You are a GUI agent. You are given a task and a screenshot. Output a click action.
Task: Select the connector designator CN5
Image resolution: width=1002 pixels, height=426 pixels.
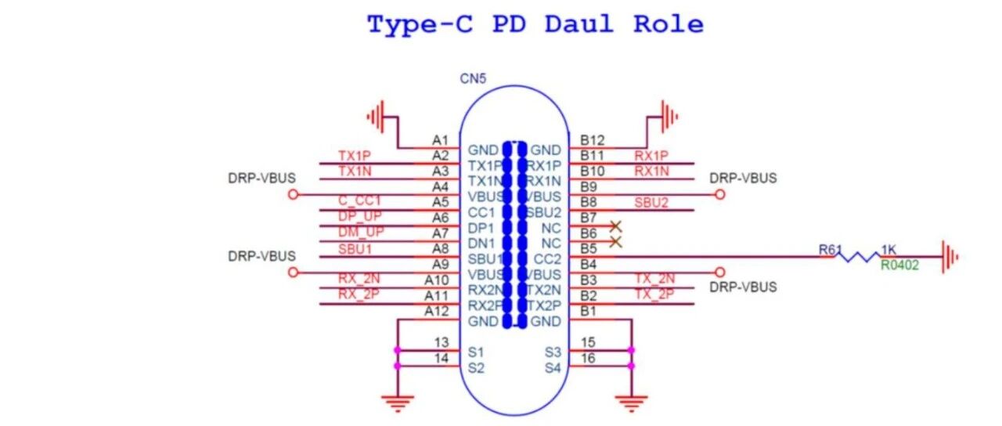click(473, 80)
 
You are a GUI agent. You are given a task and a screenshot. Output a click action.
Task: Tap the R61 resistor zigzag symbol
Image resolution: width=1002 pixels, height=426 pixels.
click(859, 256)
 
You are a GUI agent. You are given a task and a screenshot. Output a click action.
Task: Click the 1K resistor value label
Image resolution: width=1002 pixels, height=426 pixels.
click(889, 249)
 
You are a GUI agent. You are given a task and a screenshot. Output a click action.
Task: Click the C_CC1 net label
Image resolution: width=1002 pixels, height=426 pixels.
click(360, 201)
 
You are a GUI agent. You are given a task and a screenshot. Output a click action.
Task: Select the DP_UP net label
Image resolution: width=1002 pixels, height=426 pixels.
click(361, 217)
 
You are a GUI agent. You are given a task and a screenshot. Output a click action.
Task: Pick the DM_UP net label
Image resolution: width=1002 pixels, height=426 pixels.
click(361, 233)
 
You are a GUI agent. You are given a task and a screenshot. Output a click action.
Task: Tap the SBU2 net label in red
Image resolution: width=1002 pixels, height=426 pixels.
click(651, 202)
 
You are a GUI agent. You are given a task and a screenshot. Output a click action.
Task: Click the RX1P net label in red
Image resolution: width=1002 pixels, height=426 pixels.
click(651, 155)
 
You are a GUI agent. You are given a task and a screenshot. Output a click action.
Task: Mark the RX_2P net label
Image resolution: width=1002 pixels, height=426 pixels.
click(359, 295)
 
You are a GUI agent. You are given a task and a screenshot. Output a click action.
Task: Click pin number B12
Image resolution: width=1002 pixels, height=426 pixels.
click(593, 140)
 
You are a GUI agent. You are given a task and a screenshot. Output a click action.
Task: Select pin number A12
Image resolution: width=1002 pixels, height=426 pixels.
click(436, 311)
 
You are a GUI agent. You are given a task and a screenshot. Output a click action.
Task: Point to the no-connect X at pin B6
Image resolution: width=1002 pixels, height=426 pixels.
click(615, 226)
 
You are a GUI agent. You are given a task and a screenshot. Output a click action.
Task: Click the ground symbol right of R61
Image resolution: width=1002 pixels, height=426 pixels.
click(948, 256)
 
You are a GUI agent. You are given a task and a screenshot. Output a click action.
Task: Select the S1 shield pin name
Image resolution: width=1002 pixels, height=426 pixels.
click(476, 352)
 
